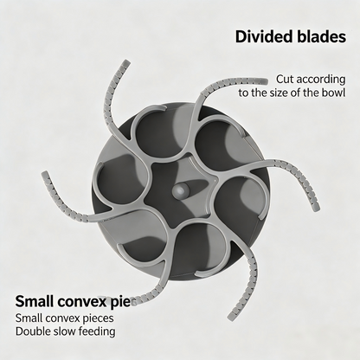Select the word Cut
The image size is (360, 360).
pos(285,79)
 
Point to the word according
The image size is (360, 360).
pos(320,80)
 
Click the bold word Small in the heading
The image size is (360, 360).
pos(34,301)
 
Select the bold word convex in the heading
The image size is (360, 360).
pos(80,303)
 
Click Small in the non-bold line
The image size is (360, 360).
pos(29,318)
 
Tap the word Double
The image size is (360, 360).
pos(33,331)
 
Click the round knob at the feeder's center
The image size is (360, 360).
pos(181,190)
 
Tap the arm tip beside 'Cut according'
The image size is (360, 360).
pos(265,81)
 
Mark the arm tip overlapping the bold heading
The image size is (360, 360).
pos(134,300)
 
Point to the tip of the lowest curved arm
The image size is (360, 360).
pos(231,317)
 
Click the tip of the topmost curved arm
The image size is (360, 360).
pos(126,62)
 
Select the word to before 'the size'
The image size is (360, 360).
pos(244,93)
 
